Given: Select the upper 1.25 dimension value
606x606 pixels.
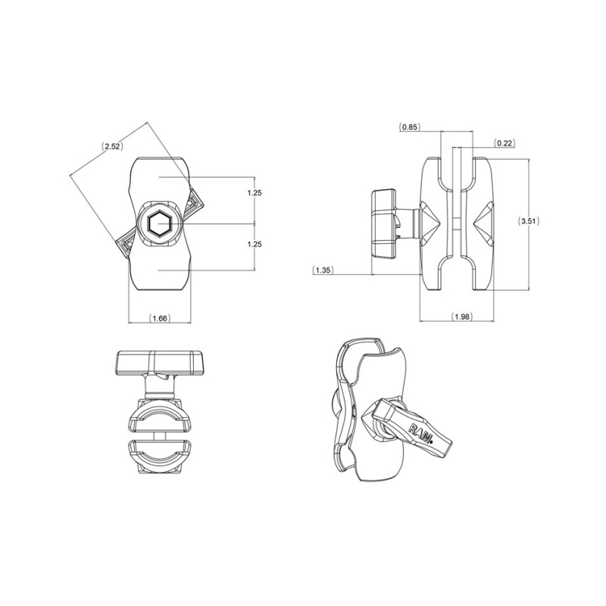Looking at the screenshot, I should pyautogui.click(x=255, y=193).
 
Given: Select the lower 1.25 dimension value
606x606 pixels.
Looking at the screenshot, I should pyautogui.click(x=255, y=245).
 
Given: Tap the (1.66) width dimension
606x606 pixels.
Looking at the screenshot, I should pyautogui.click(x=159, y=319).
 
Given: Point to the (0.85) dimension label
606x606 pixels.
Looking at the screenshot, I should pyautogui.click(x=409, y=127).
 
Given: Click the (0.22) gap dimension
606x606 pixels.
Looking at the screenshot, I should pyautogui.click(x=503, y=142).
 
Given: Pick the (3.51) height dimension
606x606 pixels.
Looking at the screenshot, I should pyautogui.click(x=528, y=221).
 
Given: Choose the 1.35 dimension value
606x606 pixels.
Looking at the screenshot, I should pyautogui.click(x=323, y=270).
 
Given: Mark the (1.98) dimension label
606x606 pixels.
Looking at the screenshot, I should pyautogui.click(x=461, y=316).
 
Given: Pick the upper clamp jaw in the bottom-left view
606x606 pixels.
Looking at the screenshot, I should pyautogui.click(x=160, y=414).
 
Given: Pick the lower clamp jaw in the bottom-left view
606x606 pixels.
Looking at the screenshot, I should pyautogui.click(x=160, y=456).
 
